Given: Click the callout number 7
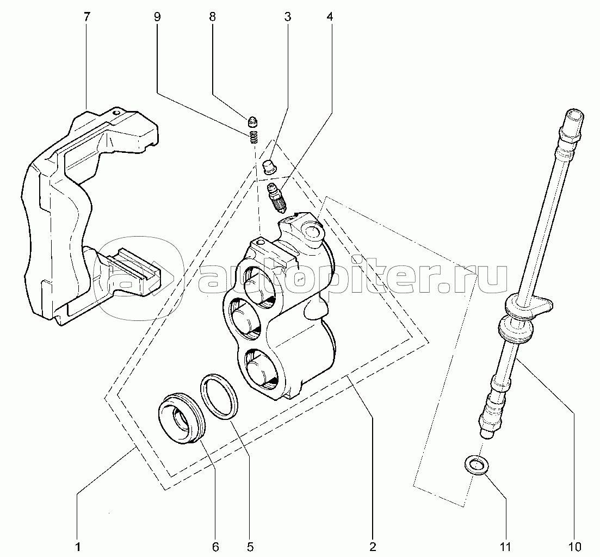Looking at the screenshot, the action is tap(87, 17).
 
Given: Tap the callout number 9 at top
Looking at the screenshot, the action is tap(157, 17).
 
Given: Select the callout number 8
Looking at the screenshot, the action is tap(212, 17).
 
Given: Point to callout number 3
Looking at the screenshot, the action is tap(287, 17).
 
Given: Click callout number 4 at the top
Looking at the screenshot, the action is tap(330, 17).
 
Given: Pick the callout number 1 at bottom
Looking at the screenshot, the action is tap(78, 547).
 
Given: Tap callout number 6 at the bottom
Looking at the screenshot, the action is tap(215, 547).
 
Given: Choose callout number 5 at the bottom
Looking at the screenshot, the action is tap(250, 547).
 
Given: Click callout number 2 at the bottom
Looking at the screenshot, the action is tap(372, 547).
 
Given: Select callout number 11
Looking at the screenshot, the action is tap(505, 547).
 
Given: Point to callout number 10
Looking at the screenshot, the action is tap(575, 547).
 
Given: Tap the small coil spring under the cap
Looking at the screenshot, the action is tap(253, 137).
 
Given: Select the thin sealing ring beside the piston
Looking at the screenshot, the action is tap(219, 397).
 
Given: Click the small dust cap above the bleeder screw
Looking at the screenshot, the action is tap(271, 167).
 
